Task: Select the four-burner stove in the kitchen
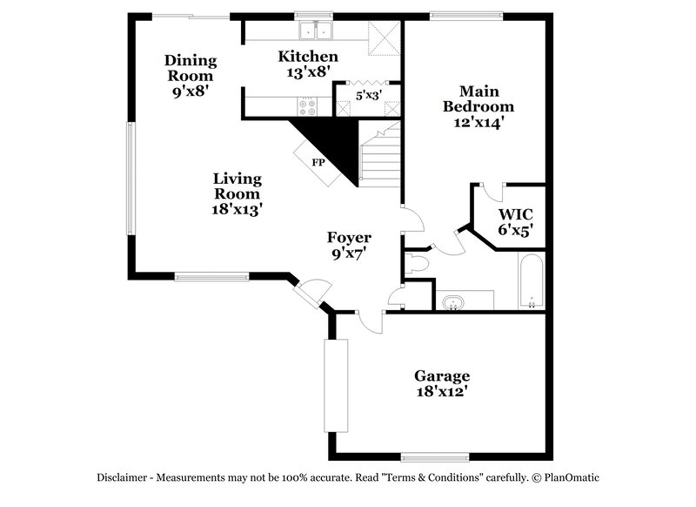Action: coord(309,108)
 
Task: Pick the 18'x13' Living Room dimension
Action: coord(238,209)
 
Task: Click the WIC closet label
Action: coord(515,214)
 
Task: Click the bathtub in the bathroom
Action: coord(530,281)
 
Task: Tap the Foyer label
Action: coord(349,237)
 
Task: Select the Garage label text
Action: coord(441,375)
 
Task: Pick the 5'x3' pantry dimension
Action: coord(368,94)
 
